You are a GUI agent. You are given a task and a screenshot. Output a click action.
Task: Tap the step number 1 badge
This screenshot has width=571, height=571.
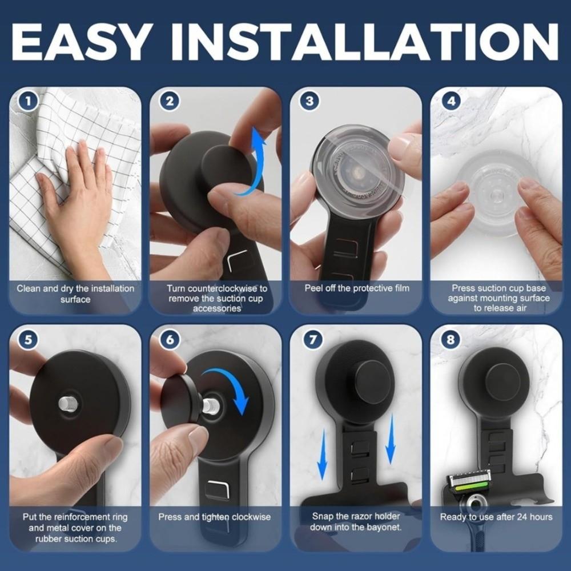pos(29,102)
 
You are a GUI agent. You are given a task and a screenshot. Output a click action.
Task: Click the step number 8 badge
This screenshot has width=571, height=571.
pos(451,340)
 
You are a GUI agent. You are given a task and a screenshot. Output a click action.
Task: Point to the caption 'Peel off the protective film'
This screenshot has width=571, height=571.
pos(356,288)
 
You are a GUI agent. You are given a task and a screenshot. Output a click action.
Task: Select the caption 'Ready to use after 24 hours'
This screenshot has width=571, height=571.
pos(496,517)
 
